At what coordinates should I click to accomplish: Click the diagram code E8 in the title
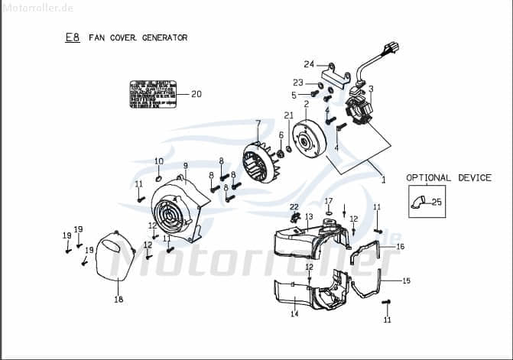[x=73, y=37]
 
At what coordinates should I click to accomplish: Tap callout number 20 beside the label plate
[x=196, y=95]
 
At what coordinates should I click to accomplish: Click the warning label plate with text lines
[x=153, y=94]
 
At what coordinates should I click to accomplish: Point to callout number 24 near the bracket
[x=309, y=63]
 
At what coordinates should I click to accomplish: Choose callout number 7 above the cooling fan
[x=258, y=123]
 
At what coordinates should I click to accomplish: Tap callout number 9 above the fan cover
[x=185, y=165]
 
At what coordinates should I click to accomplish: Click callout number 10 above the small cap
[x=159, y=161]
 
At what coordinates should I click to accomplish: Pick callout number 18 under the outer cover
[x=119, y=300]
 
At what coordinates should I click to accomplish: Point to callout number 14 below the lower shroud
[x=294, y=314]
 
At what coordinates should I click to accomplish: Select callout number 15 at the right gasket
[x=406, y=281]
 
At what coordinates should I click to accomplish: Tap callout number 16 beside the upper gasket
[x=400, y=247]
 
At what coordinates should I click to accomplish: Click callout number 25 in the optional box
[x=437, y=203]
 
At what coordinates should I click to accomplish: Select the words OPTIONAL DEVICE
[x=449, y=177]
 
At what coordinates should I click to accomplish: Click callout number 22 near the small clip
[x=294, y=207]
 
